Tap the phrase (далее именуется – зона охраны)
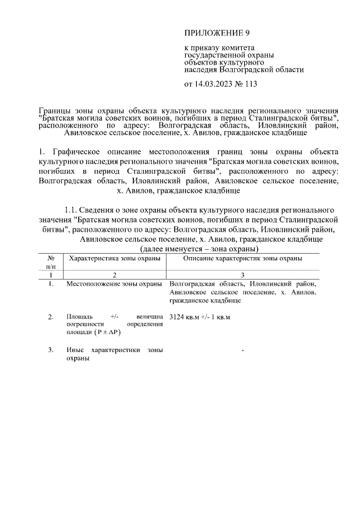click(x=199, y=248)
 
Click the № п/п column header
click(x=51, y=262)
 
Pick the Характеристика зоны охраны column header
click(x=114, y=258)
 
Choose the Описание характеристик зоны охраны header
click(x=243, y=258)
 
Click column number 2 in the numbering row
click(x=114, y=275)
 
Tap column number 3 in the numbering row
click(x=243, y=275)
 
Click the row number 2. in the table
click(x=51, y=317)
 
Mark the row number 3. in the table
click(x=51, y=350)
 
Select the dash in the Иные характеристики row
click(x=242, y=351)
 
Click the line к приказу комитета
click(x=220, y=48)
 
